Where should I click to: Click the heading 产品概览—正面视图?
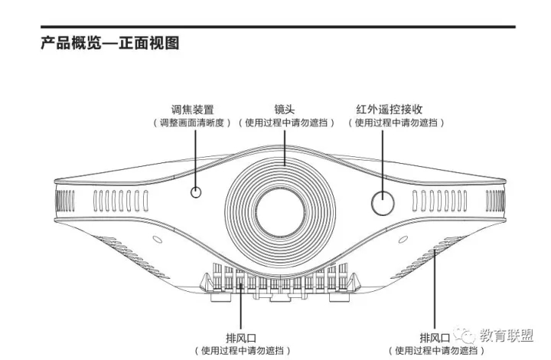pyautogui.click(x=110, y=43)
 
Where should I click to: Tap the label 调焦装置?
pyautogui.click(x=193, y=110)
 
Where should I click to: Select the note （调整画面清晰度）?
pyautogui.click(x=192, y=123)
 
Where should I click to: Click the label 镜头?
pyautogui.click(x=285, y=110)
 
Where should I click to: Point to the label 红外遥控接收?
pyautogui.click(x=390, y=110)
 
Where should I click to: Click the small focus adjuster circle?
pyautogui.click(x=196, y=192)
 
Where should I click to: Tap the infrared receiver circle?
pyautogui.click(x=383, y=203)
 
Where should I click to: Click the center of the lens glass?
pyautogui.click(x=280, y=212)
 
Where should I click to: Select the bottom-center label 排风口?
pyautogui.click(x=241, y=339)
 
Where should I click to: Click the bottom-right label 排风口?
pyautogui.click(x=435, y=339)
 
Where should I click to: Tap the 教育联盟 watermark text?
pyautogui.click(x=507, y=335)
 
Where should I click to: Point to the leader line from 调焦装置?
pyautogui.click(x=195, y=159)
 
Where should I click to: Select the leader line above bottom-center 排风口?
pyautogui.click(x=241, y=306)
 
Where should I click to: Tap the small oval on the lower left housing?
pyautogui.click(x=157, y=240)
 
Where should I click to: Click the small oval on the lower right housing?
pyautogui.click(x=403, y=240)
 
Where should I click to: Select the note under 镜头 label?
pyautogui.click(x=286, y=123)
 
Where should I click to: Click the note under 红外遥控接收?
pyautogui.click(x=396, y=123)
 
